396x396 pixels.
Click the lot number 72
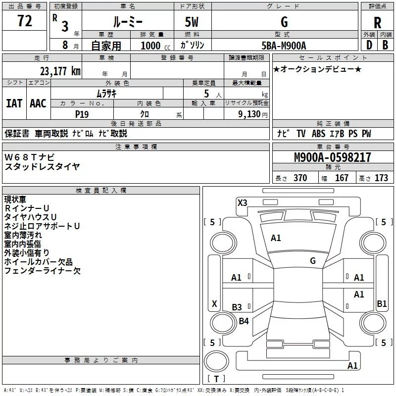coord(25,21)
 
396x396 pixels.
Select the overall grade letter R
coord(377,23)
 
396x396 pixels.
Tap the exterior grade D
coord(369,45)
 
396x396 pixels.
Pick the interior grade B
coord(385,45)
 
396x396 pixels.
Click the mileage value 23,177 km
coord(60,71)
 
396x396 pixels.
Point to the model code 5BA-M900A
coord(284,46)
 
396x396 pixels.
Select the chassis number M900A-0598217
coord(333,157)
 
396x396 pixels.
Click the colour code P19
coord(82,114)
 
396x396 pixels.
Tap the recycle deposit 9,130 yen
coord(253,114)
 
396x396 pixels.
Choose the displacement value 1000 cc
coord(155,46)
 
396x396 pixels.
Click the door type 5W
coord(192,22)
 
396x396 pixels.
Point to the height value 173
coord(381,178)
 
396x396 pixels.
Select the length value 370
coord(300,178)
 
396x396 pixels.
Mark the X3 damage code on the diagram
coord(242,202)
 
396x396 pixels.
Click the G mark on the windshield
coord(313,261)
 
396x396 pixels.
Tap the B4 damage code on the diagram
coord(244,321)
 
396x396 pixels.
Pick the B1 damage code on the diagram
coord(382,303)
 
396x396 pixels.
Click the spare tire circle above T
coord(216,361)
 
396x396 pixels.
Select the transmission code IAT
coord(14,103)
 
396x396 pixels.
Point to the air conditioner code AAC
coord(38,103)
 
